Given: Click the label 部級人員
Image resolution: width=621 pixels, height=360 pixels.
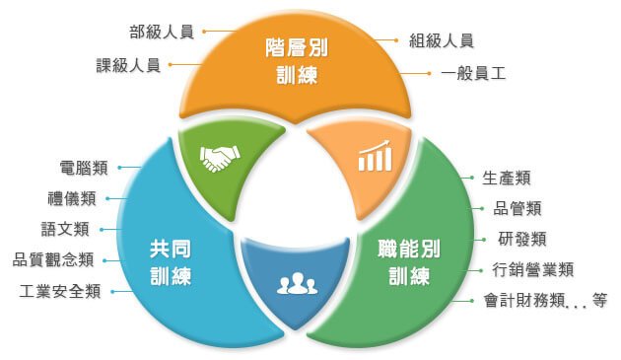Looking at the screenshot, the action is (x=161, y=31).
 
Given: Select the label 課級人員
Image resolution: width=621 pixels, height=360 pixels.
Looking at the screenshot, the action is (x=128, y=66).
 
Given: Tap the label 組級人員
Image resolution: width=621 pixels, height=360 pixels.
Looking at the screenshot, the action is (x=442, y=40).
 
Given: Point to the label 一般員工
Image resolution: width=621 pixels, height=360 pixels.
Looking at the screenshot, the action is (x=473, y=73).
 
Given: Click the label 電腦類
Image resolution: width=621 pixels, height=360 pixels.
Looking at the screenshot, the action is (x=84, y=167).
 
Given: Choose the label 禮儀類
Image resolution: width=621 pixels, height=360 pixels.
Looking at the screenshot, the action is (x=72, y=198).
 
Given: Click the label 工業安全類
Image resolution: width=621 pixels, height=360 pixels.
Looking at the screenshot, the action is (x=60, y=291).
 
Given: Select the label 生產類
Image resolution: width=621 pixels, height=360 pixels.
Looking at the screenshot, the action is (x=507, y=178).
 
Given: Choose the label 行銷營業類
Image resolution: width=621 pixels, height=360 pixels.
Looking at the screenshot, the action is (x=533, y=269).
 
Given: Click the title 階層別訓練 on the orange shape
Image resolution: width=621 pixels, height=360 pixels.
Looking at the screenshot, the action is (x=297, y=60).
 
